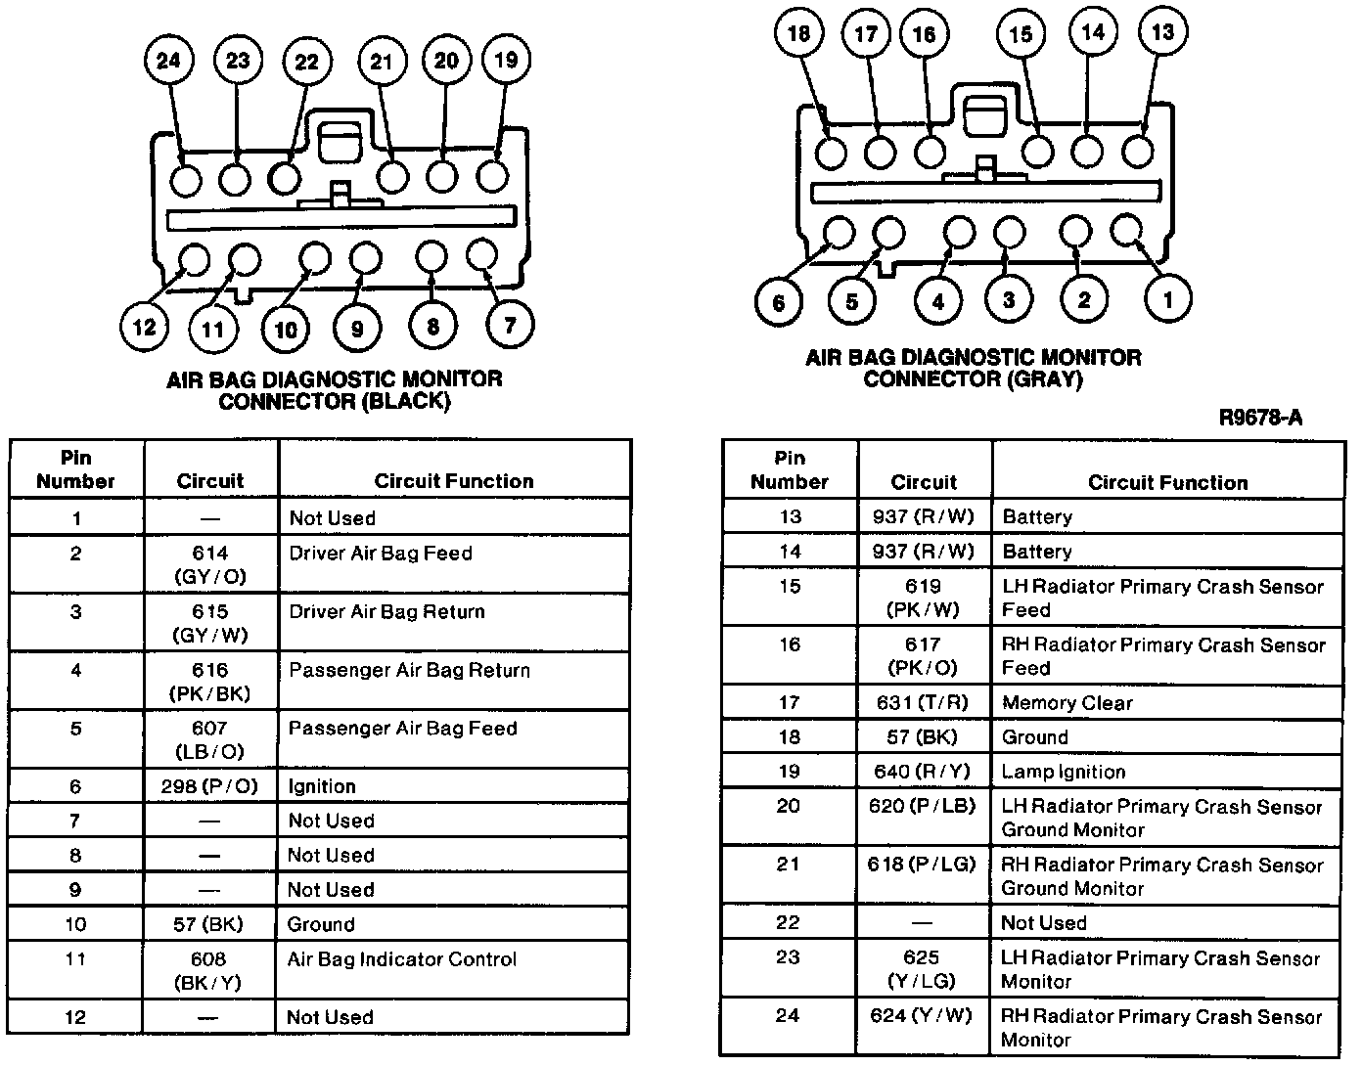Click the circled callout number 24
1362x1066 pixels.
(x=168, y=61)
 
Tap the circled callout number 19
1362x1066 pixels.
(x=506, y=60)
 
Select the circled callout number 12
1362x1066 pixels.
(x=144, y=327)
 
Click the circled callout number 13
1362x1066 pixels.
(x=1162, y=32)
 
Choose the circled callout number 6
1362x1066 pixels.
(x=779, y=301)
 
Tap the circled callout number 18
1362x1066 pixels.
(x=799, y=33)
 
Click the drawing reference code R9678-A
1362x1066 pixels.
(x=1260, y=419)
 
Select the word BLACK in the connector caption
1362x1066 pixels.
(x=406, y=401)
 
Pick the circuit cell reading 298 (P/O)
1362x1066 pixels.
(x=209, y=786)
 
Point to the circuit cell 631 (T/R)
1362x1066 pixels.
(x=923, y=703)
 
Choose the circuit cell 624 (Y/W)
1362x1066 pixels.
(x=923, y=1016)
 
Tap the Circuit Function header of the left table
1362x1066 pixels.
(x=454, y=481)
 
